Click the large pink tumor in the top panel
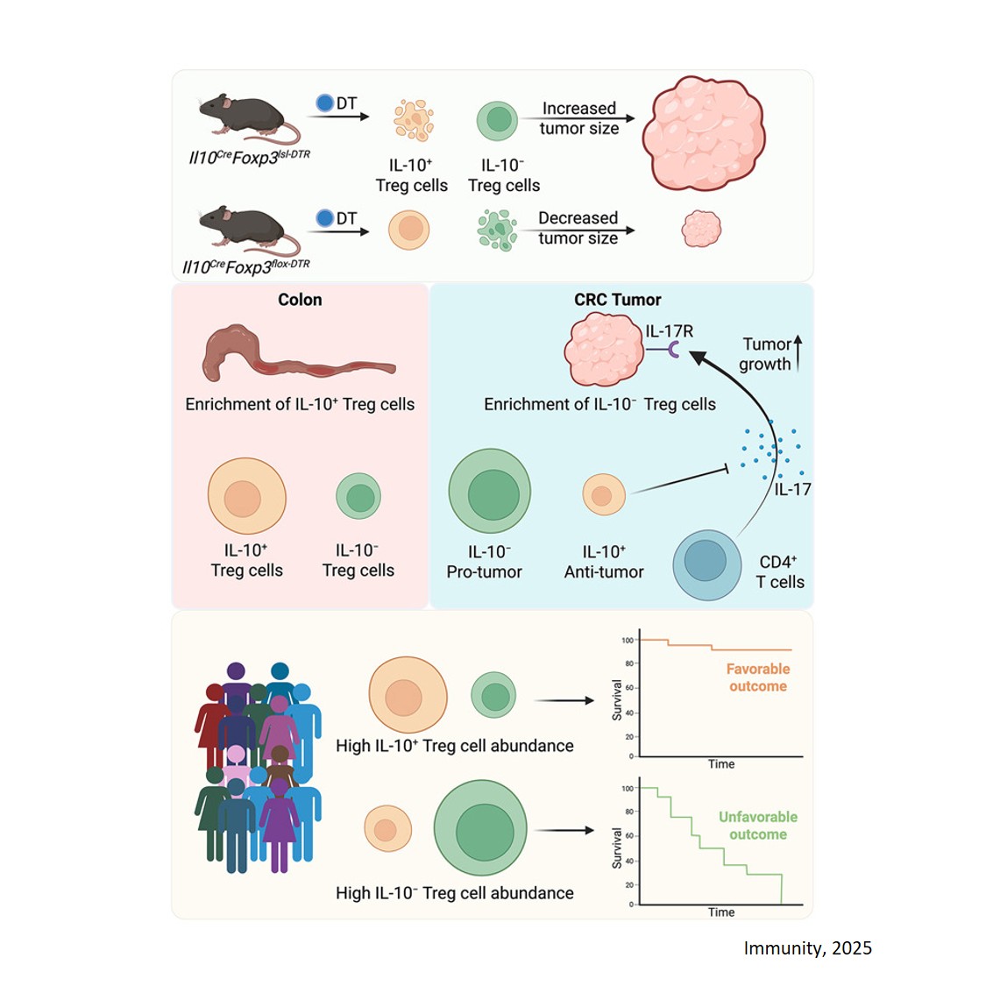[x=704, y=132]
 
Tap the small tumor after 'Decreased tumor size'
[x=701, y=229]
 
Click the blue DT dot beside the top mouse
[x=324, y=103]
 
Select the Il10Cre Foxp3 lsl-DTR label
[x=249, y=157]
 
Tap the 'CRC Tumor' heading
[x=617, y=300]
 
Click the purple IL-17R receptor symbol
[x=672, y=350]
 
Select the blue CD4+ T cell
[x=706, y=564]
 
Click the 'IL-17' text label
[x=792, y=490]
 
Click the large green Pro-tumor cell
[x=490, y=493]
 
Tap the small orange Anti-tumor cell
[x=603, y=494]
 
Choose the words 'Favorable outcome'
[x=757, y=677]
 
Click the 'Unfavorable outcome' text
[x=757, y=826]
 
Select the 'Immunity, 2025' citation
[x=807, y=948]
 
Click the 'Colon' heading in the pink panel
[x=300, y=300]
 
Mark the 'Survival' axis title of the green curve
[x=617, y=848]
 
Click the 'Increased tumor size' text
[x=578, y=118]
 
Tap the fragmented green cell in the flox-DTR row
[x=497, y=230]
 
